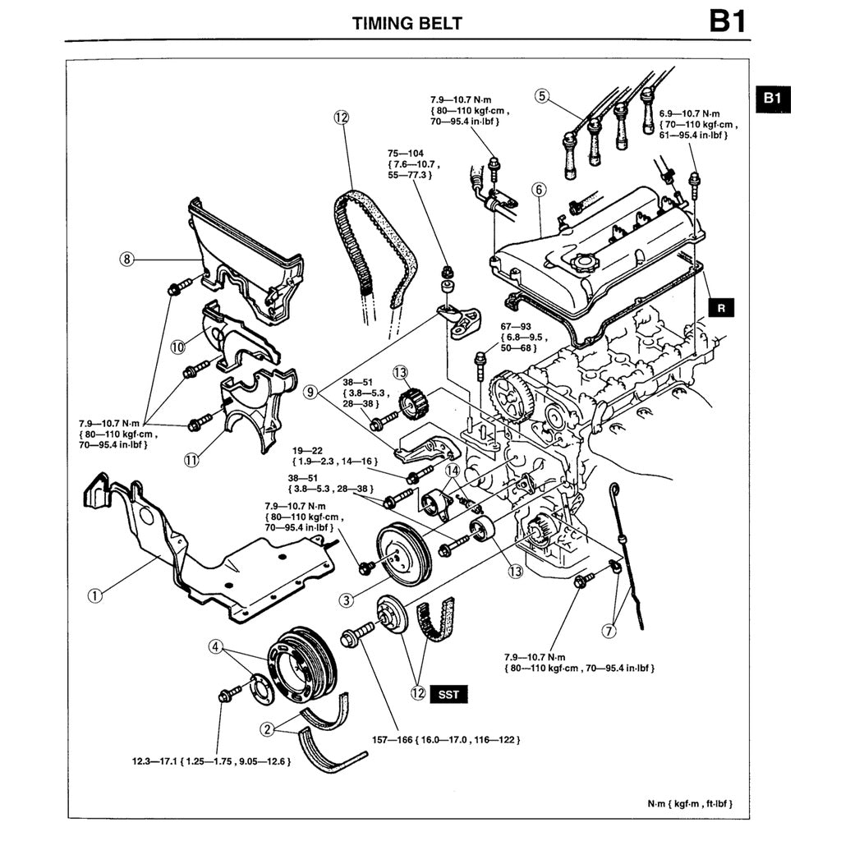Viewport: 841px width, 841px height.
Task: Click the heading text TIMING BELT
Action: click(x=407, y=22)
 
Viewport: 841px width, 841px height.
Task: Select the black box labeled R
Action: click(x=721, y=309)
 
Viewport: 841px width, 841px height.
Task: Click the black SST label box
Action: click(x=448, y=693)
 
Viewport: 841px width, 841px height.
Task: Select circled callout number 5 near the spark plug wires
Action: click(x=540, y=95)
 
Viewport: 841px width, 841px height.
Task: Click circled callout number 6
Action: click(x=539, y=190)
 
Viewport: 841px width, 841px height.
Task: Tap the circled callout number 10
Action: click(x=178, y=347)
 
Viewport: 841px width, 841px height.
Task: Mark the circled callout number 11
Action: click(x=191, y=461)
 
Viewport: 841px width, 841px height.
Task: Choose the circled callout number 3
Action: click(x=347, y=600)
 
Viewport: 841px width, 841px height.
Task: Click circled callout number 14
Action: click(x=452, y=471)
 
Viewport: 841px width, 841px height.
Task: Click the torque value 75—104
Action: click(x=407, y=153)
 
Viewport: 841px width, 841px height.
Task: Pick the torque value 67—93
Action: click(x=516, y=326)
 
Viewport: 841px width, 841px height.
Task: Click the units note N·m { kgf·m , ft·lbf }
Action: click(x=689, y=803)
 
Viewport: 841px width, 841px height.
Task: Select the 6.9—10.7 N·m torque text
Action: click(x=689, y=113)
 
